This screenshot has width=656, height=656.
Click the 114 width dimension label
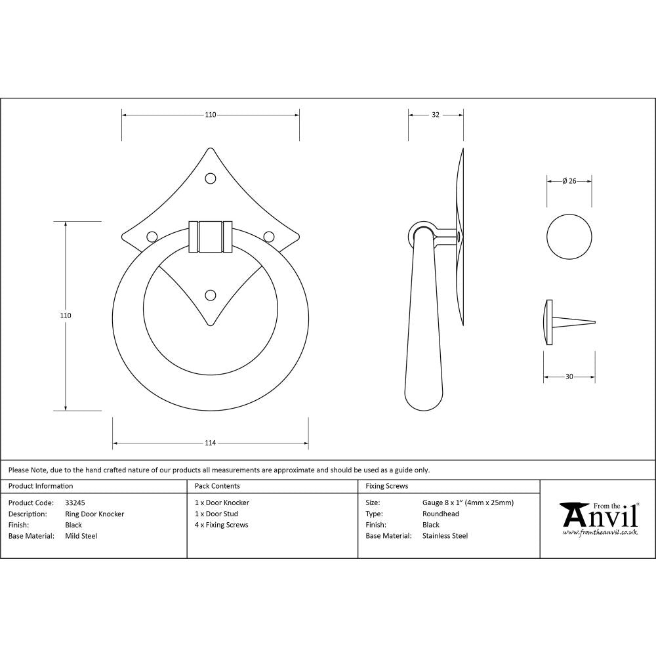pos(210,443)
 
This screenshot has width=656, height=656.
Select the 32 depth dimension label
pos(436,115)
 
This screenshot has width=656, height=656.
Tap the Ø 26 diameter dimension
pos(569,181)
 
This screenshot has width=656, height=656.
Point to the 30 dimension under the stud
pos(569,377)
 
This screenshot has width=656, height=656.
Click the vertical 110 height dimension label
pos(65,316)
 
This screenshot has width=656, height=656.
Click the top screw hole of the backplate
pos(211,178)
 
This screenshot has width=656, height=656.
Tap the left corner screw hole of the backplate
pos(152,236)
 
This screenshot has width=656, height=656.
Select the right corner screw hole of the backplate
pos(268,236)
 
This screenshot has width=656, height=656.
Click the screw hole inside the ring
pos(211,295)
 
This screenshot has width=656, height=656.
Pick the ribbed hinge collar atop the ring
pos(211,236)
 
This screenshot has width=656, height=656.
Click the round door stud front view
pos(569,236)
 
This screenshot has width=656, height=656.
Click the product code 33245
pos(75,503)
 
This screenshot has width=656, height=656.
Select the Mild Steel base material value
pos(81,536)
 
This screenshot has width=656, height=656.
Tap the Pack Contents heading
pos(217,486)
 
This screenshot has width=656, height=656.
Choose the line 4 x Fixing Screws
pos(222,525)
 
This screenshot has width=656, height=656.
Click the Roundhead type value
pos(441,514)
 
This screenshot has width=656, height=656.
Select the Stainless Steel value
pos(445,536)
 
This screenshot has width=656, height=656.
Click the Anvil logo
pos(598,518)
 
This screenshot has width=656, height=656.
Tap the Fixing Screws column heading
pos(387,486)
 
